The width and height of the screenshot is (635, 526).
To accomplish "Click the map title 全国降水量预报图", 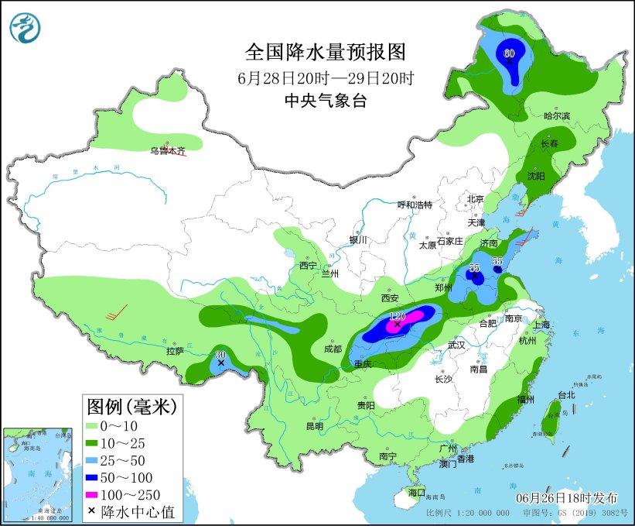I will click(325, 52).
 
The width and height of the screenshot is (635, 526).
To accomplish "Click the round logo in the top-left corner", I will click(26, 27).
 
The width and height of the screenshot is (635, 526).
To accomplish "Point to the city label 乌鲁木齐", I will click(167, 151).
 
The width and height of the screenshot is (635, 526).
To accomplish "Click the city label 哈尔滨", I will click(556, 115).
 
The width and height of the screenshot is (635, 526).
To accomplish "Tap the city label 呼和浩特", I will click(414, 205).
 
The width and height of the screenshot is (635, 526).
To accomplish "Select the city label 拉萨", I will click(176, 350).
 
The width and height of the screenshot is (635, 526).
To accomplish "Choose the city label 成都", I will click(333, 349).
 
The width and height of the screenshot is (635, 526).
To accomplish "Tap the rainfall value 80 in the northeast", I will click(509, 53).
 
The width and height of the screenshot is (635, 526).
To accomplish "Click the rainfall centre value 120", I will click(398, 316).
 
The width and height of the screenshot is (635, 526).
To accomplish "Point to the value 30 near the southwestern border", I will click(220, 353).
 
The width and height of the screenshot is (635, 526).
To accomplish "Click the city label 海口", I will click(417, 493).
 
